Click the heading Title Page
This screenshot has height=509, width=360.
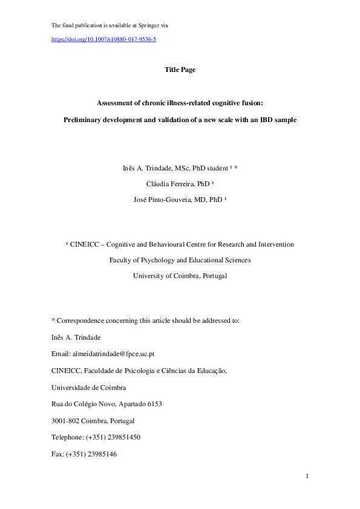point(180,70)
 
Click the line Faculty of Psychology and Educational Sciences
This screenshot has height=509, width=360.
point(180,261)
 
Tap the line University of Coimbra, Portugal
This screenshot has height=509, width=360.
point(180,276)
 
